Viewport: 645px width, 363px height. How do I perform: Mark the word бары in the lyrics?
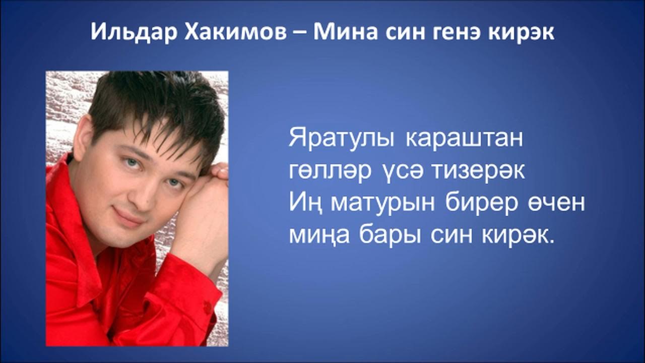pyautogui.click(x=390, y=236)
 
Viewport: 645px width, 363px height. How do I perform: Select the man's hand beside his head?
pyautogui.click(x=202, y=212)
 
